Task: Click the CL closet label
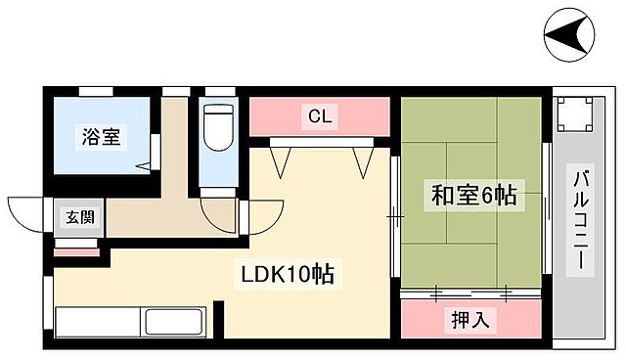pos(321,116)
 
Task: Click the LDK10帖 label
pos(288,275)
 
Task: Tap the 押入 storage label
pos(471,318)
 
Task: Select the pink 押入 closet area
pos(469,318)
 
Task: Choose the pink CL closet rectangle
pos(321,116)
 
